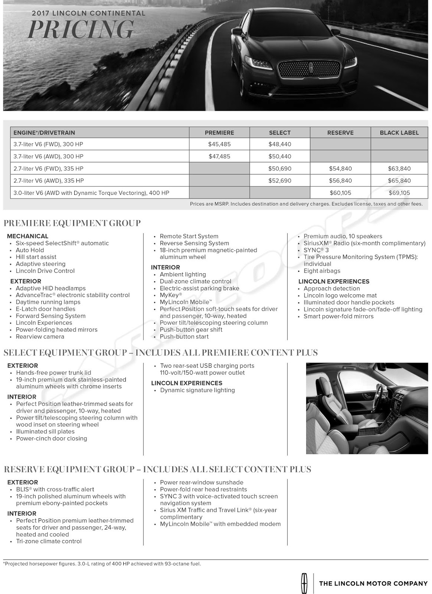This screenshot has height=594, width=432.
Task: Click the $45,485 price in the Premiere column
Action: tap(219, 144)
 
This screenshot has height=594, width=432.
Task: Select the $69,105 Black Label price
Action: tap(399, 193)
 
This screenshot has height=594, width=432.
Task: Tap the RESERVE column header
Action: tap(340, 133)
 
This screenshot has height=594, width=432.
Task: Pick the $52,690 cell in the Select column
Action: tap(280, 181)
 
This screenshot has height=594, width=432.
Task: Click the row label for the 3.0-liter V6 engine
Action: tap(91, 193)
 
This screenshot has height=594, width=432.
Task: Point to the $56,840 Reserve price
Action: tap(340, 181)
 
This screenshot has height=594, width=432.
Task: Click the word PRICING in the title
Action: tap(81, 29)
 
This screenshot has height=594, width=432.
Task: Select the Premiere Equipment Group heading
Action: tap(72, 223)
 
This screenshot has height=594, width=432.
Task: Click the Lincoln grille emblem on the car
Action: tap(311, 68)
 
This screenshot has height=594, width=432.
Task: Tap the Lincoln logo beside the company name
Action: tap(304, 583)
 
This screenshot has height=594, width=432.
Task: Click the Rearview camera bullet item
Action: tap(40, 337)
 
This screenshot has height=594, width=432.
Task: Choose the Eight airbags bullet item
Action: tap(322, 271)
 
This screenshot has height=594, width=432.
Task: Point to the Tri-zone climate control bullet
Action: tap(49, 541)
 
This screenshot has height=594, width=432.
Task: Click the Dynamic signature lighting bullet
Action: tap(197, 390)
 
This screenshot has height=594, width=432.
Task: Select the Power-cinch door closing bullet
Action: tap(52, 438)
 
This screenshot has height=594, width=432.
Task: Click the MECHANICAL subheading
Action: tap(27, 236)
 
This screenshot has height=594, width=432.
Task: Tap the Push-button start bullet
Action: tap(184, 337)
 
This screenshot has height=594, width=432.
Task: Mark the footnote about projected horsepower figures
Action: tap(102, 564)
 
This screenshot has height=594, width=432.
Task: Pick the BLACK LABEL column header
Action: tap(399, 133)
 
